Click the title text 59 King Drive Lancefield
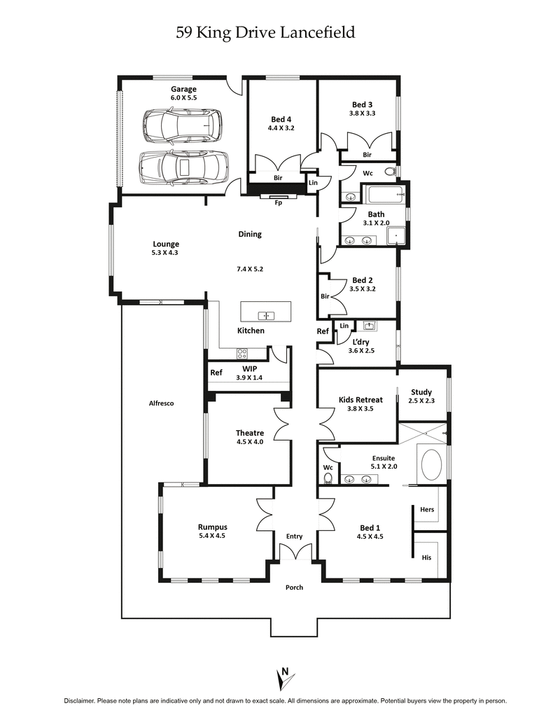265,32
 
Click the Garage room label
183,89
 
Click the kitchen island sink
266,315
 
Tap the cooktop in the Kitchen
242,353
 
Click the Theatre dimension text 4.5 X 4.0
250,442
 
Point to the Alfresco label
161,403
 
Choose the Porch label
294,587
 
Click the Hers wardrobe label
427,509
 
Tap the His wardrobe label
426,558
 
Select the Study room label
421,392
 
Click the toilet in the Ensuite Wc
328,478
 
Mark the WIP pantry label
249,368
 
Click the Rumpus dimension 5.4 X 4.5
211,536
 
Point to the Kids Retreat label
360,400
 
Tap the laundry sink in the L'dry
370,326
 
